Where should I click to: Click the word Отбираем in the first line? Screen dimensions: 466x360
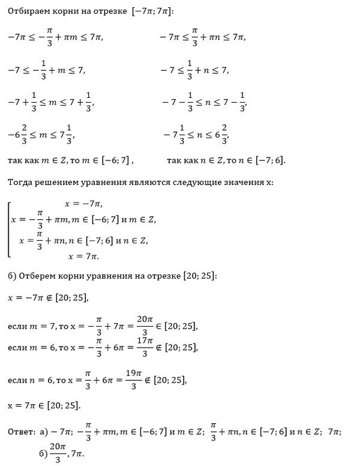[x=31, y=11]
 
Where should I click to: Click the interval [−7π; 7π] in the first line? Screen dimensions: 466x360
[x=152, y=11]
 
